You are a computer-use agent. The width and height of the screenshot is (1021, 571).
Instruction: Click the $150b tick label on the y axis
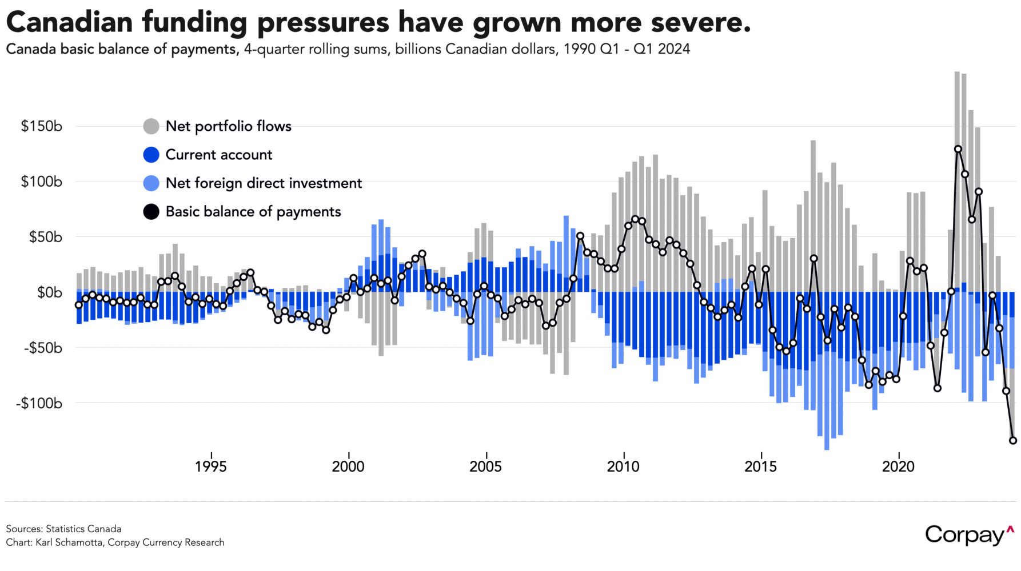click(x=41, y=126)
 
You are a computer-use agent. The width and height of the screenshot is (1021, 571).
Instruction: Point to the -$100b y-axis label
click(x=39, y=404)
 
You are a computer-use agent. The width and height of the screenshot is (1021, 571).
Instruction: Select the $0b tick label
click(x=49, y=293)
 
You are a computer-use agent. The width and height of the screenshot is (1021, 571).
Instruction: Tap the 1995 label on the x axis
click(x=210, y=467)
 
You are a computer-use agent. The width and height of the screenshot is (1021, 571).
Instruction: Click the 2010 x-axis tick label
click(x=623, y=467)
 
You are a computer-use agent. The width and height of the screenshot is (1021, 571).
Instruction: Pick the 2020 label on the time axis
click(x=898, y=467)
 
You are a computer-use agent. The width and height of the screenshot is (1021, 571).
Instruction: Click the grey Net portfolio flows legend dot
click(x=151, y=126)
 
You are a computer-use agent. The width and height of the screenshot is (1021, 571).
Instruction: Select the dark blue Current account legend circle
click(x=151, y=155)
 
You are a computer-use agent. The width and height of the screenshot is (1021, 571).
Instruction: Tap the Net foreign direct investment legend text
click(x=264, y=183)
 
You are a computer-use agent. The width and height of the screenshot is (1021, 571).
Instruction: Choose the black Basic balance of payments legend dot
click(x=151, y=212)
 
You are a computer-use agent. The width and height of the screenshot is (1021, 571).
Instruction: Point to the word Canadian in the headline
click(x=69, y=23)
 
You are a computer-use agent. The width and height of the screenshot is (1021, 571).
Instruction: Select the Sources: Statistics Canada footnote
click(x=63, y=529)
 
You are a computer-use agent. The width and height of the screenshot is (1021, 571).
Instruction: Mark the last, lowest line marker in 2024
click(x=1013, y=440)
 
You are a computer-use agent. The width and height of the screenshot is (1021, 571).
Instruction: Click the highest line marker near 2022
click(x=958, y=149)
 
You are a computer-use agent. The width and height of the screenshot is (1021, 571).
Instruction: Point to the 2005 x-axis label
click(x=485, y=467)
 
